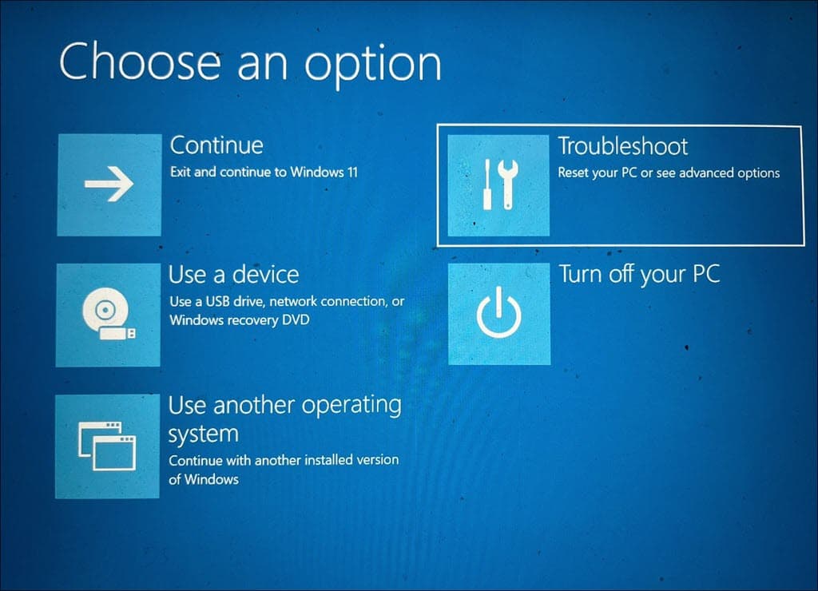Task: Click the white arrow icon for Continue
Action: (x=109, y=184)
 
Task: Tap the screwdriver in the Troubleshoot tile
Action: (x=487, y=184)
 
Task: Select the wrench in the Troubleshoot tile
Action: (x=507, y=184)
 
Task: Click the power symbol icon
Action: (x=498, y=312)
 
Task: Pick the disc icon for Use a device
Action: (x=105, y=310)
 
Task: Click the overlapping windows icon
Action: (x=107, y=446)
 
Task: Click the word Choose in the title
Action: (x=140, y=62)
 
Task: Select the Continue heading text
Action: (x=216, y=145)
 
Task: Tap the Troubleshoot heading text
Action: (x=623, y=146)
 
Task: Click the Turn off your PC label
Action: (x=639, y=275)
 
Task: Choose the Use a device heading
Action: (x=234, y=275)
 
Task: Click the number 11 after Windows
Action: (x=352, y=173)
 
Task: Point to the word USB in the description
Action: (x=218, y=301)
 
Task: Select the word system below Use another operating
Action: (x=204, y=434)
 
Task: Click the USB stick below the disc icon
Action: (x=117, y=333)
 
